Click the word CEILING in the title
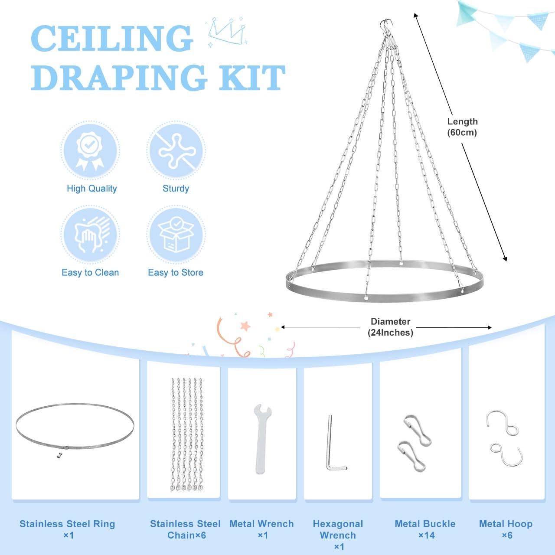(x=112, y=39)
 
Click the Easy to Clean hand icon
(x=90, y=235)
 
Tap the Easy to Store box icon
(x=176, y=235)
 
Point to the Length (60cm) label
(x=462, y=127)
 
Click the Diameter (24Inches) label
(x=390, y=327)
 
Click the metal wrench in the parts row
(x=261, y=438)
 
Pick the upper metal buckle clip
(x=417, y=430)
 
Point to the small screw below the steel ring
(x=57, y=455)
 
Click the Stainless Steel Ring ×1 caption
(x=68, y=529)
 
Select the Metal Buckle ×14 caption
(x=425, y=529)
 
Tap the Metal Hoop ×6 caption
(x=506, y=529)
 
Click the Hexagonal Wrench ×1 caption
(x=338, y=535)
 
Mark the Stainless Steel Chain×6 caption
(x=185, y=529)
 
